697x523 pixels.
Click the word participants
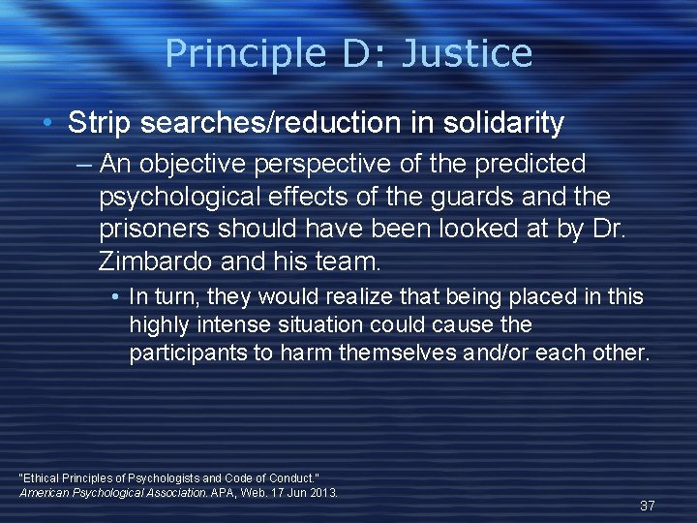pos(188,353)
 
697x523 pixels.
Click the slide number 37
pos(648,506)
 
